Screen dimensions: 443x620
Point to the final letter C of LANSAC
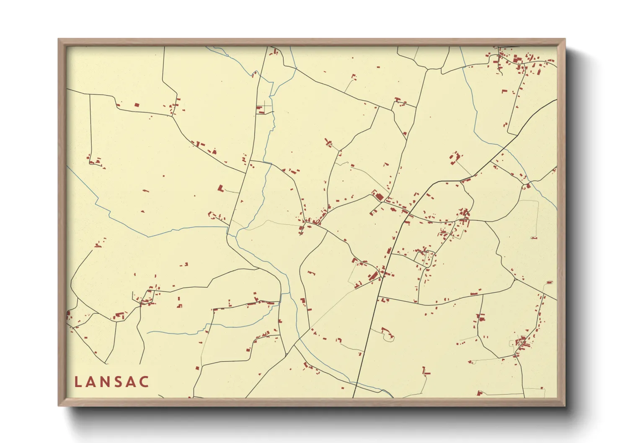pos(145,382)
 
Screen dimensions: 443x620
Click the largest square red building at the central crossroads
pos(379,196)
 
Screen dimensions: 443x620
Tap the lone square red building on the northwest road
pos(137,105)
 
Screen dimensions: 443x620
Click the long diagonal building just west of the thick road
pos(372,276)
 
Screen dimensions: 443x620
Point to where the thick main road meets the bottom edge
pos(354,397)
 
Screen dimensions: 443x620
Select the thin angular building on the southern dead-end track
pos(426,371)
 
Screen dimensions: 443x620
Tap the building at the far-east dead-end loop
pos(534,238)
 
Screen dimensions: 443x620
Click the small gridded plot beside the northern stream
pos(264,108)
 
